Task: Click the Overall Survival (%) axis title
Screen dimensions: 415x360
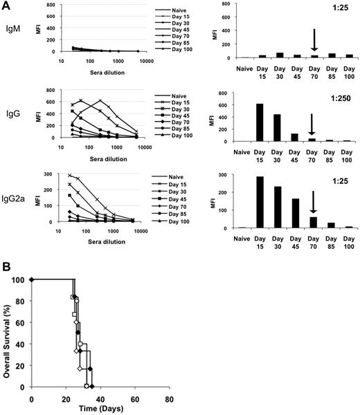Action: (8, 339)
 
